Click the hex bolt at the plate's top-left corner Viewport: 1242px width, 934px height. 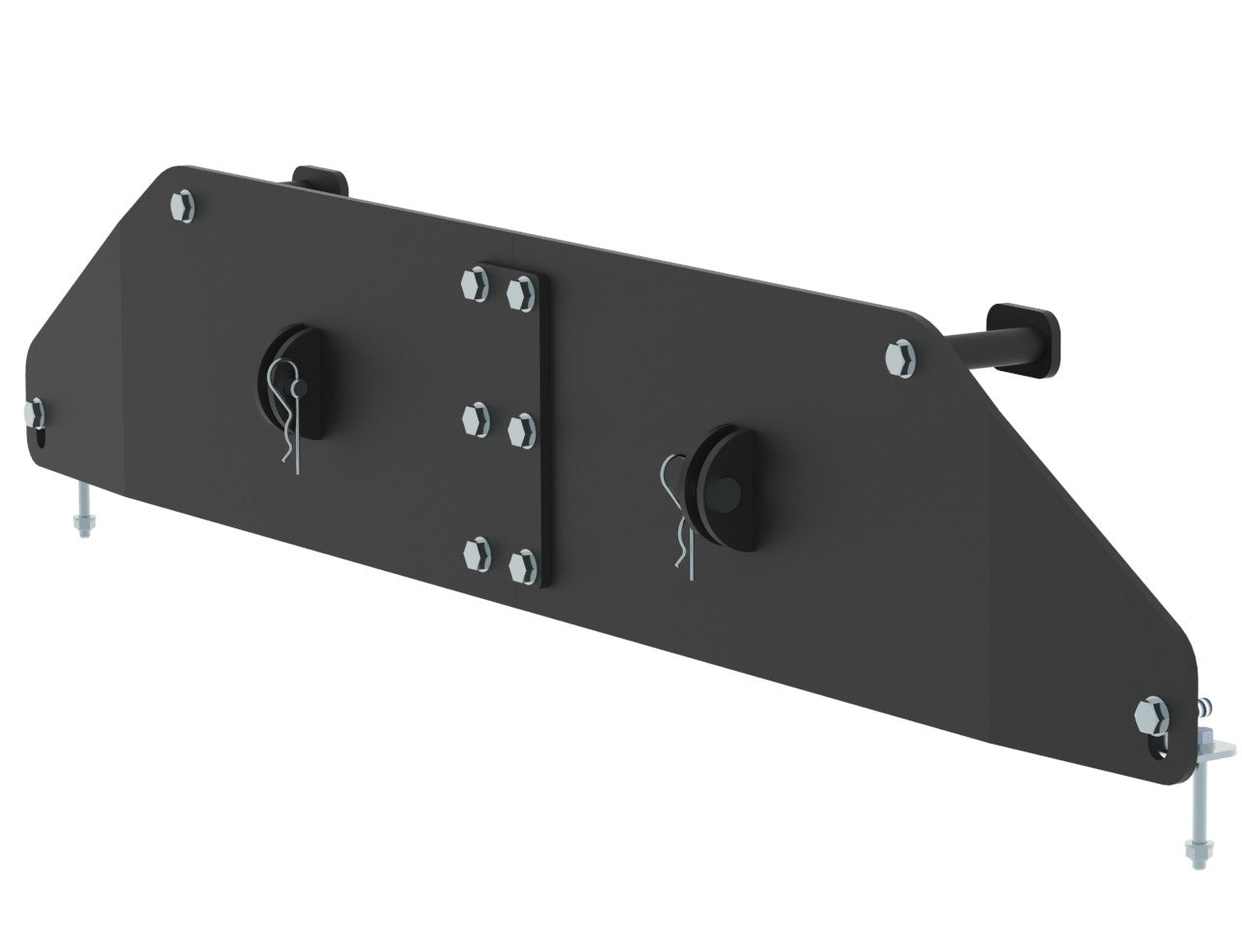182,206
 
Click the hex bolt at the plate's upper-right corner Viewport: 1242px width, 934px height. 901,355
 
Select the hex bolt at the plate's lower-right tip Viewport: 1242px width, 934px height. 1152,718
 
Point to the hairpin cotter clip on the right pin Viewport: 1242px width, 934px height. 679,519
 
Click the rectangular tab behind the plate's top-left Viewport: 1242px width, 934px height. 317,181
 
